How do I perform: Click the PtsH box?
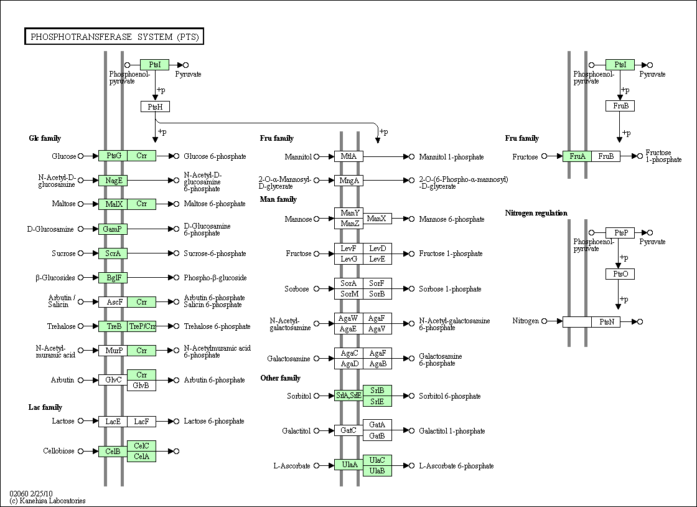pos(155,107)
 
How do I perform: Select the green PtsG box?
pos(113,156)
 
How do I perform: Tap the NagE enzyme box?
pos(113,180)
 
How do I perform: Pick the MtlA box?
pos(348,156)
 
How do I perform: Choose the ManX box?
pos(377,219)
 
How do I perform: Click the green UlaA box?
pos(348,465)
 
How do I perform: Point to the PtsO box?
pos(620,274)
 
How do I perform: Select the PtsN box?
pos(606,321)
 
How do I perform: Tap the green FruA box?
pos(577,156)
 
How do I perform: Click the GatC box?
pos(348,430)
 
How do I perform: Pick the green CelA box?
pos(141,457)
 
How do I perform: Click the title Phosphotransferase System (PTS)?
pos(115,37)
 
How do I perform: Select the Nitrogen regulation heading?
pos(536,213)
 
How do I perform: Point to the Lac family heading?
pos(45,407)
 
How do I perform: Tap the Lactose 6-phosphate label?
pos(214,421)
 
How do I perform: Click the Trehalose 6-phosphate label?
pos(217,326)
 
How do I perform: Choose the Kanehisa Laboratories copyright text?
pos(47,501)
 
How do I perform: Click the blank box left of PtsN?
pos(577,321)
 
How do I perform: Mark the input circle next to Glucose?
pos(80,156)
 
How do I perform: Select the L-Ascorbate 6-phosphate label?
pos(456,466)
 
